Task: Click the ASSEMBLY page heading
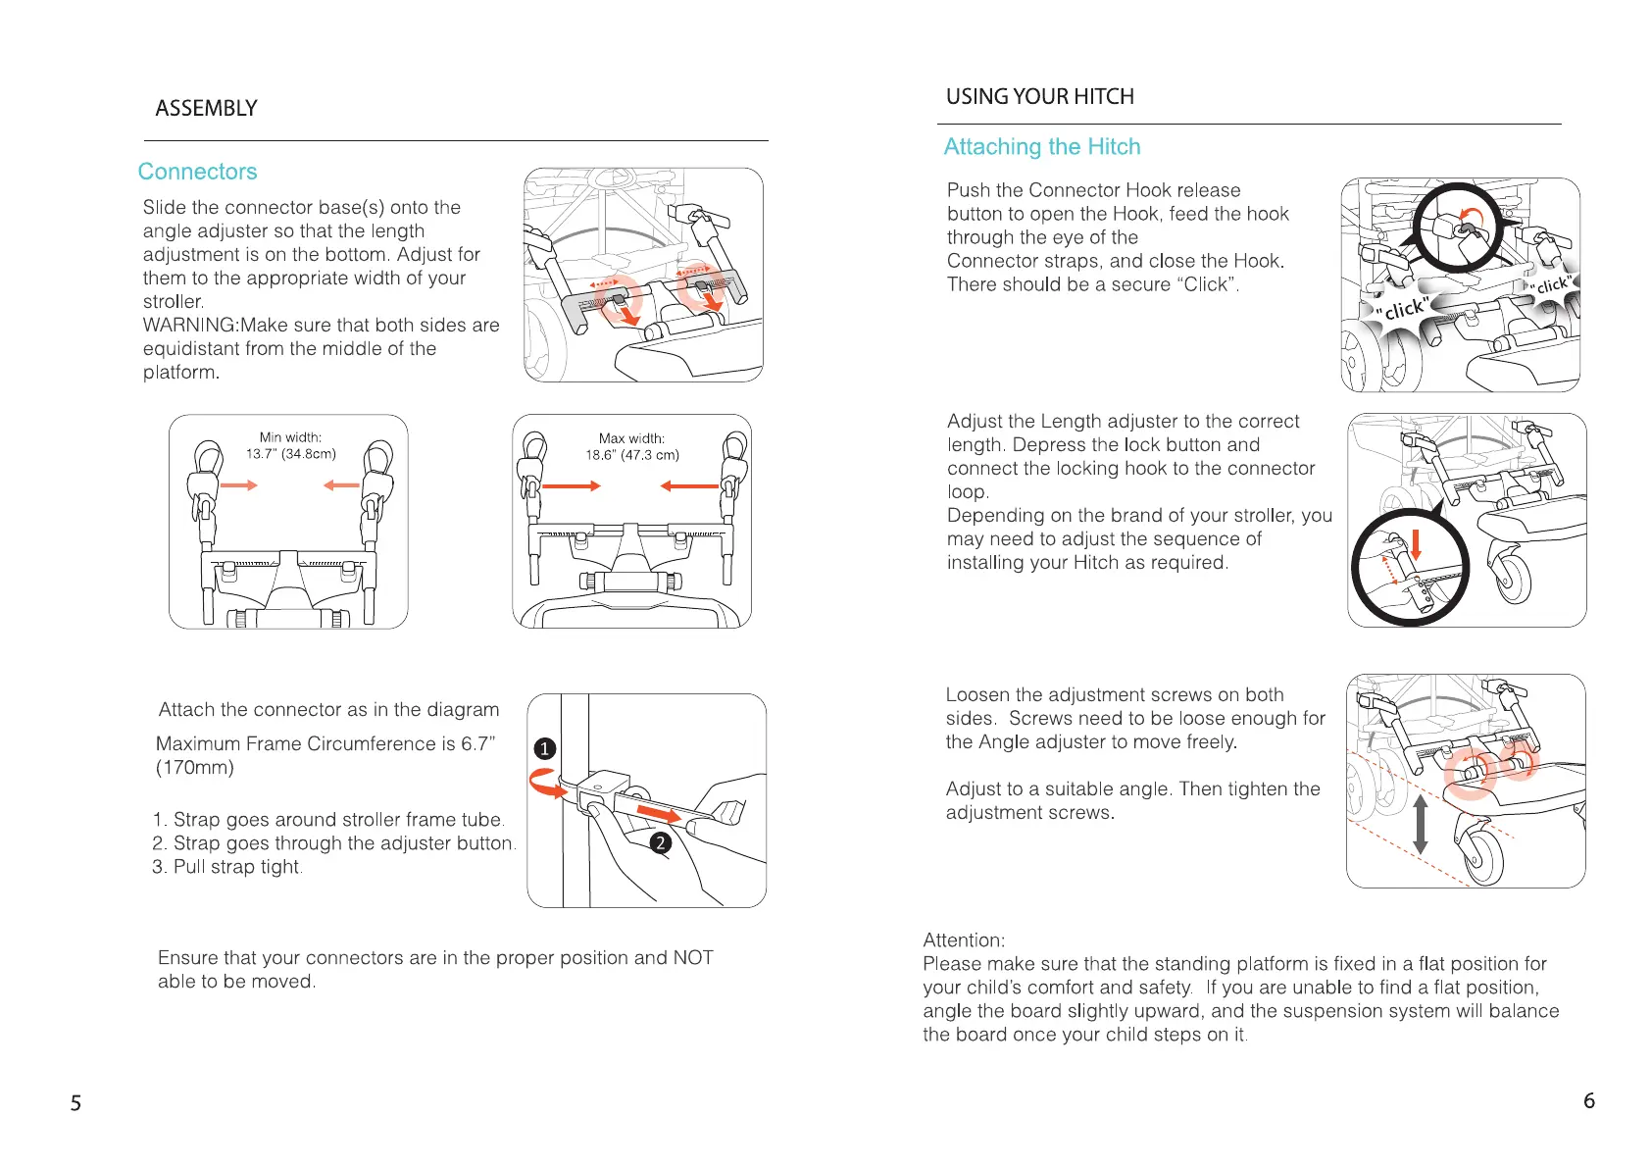[206, 108]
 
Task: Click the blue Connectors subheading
[197, 172]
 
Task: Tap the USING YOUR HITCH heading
[1039, 96]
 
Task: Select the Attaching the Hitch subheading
[1041, 147]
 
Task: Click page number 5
[75, 1103]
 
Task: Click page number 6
[1588, 1100]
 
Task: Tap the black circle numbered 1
[545, 749]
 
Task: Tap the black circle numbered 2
[661, 842]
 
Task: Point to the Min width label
[290, 437]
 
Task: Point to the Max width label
[631, 438]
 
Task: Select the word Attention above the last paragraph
[963, 940]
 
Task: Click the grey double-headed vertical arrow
[1420, 824]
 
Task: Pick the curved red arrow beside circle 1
[544, 782]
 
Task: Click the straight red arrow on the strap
[658, 813]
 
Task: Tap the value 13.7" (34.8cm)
[290, 454]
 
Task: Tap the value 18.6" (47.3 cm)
[631, 455]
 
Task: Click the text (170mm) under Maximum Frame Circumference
[195, 768]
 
